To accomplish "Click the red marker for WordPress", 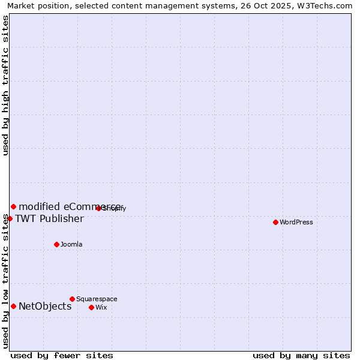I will click(275, 222).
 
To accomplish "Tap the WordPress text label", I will click(296, 222).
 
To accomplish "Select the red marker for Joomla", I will click(57, 244).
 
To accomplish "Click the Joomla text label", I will click(71, 244).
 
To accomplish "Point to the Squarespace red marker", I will click(72, 299).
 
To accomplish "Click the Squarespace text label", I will click(97, 299).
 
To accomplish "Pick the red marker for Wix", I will click(91, 307).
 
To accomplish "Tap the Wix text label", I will click(101, 307).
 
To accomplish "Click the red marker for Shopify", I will click(98, 208).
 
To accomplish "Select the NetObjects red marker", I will click(13, 306).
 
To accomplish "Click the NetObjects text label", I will click(45, 306).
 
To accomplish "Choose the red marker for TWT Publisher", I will click(10, 218).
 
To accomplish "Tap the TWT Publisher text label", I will click(49, 218).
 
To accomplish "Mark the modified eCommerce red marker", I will click(13, 206).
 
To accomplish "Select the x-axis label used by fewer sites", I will click(62, 355).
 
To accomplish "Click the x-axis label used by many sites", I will click(301, 355).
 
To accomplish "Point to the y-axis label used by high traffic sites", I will click(5, 85).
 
